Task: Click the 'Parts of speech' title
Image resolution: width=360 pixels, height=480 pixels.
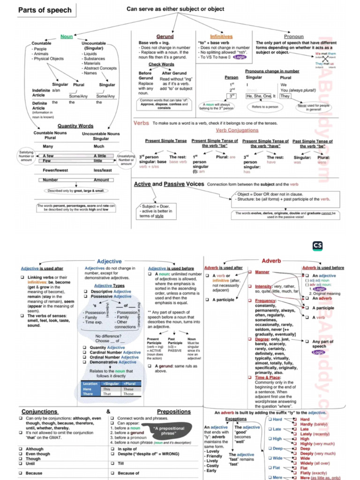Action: [x=45, y=10]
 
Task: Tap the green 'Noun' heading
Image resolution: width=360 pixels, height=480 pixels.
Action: [x=67, y=37]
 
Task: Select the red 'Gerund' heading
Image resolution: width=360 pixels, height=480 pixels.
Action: [x=165, y=37]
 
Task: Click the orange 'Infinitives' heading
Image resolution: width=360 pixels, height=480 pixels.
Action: [x=221, y=37]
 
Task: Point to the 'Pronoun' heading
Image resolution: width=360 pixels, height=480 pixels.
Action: [x=294, y=37]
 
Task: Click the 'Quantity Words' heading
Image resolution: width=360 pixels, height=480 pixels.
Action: [x=75, y=126]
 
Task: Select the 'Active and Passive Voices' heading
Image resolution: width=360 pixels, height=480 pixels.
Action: [x=169, y=184]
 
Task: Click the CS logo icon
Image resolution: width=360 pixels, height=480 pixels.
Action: [x=317, y=246]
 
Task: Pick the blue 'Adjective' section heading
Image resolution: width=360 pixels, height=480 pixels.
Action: [x=109, y=261]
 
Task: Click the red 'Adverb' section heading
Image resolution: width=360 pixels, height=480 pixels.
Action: [x=271, y=261]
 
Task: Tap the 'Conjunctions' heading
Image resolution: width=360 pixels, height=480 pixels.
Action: [x=39, y=412]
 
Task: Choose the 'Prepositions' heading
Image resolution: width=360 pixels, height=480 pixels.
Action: [x=173, y=412]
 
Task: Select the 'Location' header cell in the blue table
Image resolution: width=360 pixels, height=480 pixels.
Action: [x=90, y=383]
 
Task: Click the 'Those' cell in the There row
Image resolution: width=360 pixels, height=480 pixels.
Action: [x=128, y=394]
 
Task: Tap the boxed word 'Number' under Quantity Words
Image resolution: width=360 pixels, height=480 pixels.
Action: [x=51, y=180]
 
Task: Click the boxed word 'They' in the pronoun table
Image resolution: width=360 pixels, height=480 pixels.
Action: [x=285, y=96]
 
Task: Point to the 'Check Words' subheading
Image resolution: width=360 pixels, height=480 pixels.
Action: [x=161, y=65]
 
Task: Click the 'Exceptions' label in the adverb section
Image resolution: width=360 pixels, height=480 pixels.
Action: [x=236, y=419]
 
